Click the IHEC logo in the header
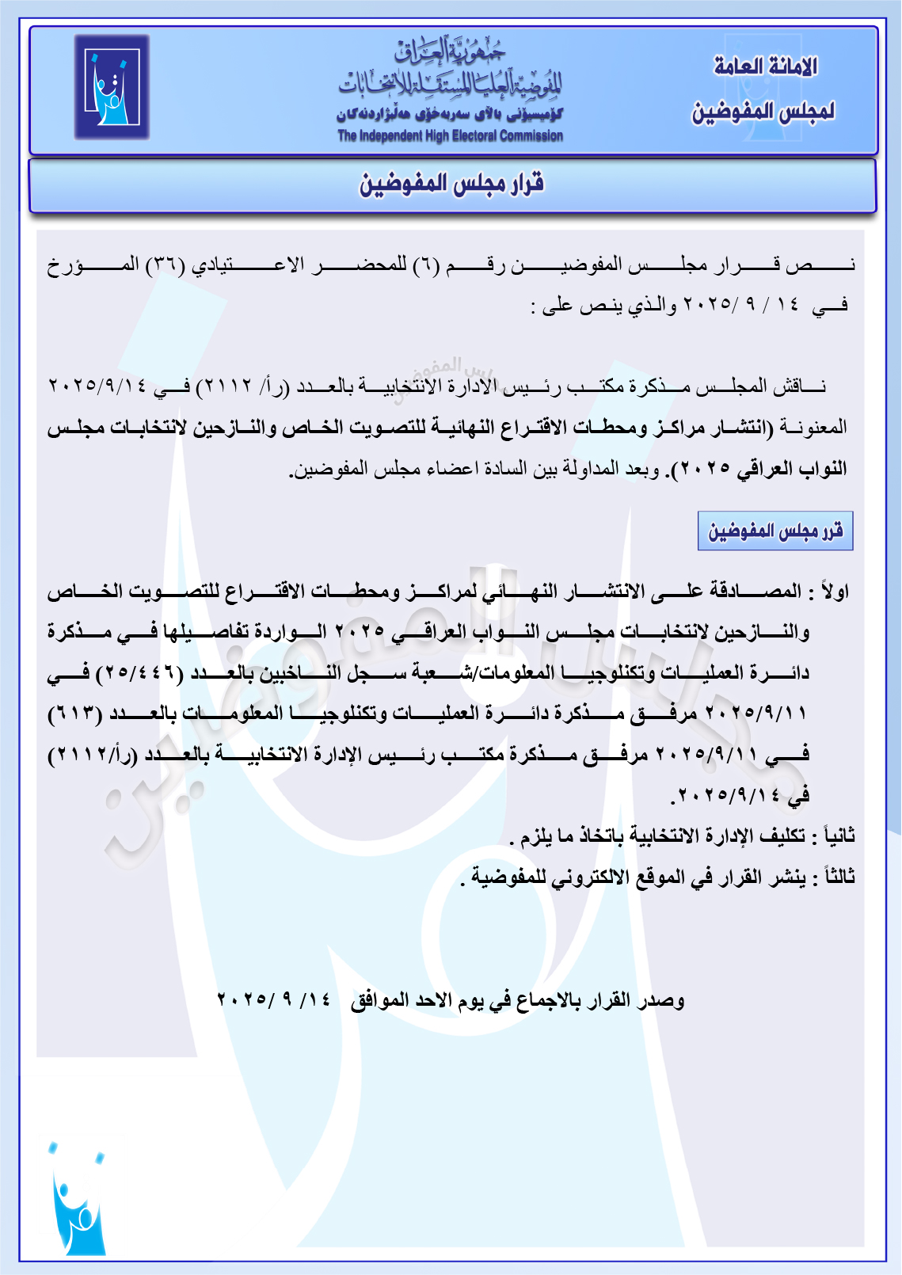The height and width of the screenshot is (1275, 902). point(112,87)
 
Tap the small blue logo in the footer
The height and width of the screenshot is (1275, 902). point(77,1198)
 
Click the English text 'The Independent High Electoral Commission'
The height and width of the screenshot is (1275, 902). point(450,136)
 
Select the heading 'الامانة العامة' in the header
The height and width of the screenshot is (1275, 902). point(765,67)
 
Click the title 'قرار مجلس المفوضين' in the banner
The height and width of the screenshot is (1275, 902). point(451,185)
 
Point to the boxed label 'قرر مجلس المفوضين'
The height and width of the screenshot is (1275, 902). point(775,531)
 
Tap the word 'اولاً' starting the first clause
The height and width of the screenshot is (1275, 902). point(835,592)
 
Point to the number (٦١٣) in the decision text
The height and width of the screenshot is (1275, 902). point(75,714)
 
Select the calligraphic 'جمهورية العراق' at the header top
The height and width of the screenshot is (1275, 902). point(450,52)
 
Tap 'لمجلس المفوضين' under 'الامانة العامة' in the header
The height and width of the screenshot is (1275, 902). point(763,112)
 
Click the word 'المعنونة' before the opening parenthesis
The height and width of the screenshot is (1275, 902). point(813,428)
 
